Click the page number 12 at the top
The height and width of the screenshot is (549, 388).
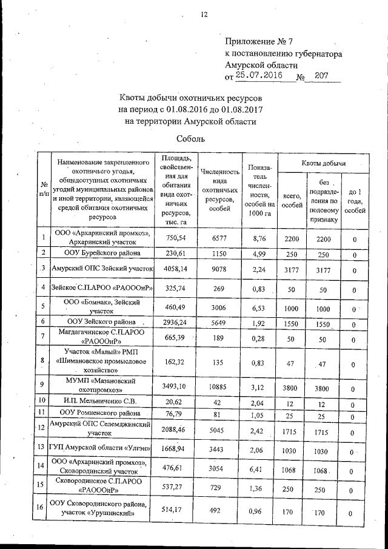204,14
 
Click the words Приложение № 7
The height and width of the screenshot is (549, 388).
258,42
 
